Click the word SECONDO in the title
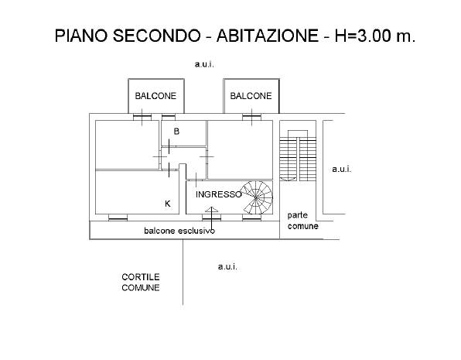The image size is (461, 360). click(x=157, y=36)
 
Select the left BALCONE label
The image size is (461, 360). click(x=155, y=96)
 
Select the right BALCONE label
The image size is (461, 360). click(x=251, y=96)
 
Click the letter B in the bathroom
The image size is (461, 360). click(x=176, y=132)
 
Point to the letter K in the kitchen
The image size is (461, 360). click(x=168, y=204)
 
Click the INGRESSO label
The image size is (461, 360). click(x=218, y=194)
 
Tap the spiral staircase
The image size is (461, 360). click(x=256, y=197)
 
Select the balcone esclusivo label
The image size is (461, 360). click(x=179, y=231)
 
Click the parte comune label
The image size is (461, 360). click(x=303, y=221)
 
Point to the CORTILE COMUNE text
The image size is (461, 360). click(x=141, y=282)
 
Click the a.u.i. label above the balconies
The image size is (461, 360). click(x=204, y=64)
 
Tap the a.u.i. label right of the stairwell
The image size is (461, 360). click(x=341, y=170)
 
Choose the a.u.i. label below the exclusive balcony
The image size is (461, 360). click(x=227, y=266)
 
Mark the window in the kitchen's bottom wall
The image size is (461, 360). click(x=118, y=218)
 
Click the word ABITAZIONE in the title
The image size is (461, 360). click(x=268, y=36)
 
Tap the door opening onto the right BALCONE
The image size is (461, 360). click(x=251, y=117)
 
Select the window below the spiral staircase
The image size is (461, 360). click(x=251, y=218)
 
